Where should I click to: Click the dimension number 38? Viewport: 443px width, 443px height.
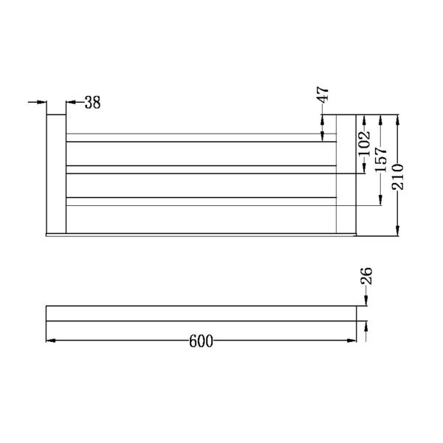(x=92, y=103)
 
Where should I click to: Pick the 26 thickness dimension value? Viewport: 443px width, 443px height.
(x=366, y=278)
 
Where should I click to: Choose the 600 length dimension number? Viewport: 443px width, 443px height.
(x=201, y=341)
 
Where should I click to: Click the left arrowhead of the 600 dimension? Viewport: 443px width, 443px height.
(x=51, y=340)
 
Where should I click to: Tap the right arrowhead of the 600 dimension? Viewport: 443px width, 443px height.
(x=353, y=340)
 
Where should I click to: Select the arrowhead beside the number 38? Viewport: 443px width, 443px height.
(x=71, y=103)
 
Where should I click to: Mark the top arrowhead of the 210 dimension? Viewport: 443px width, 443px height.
(x=398, y=120)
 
